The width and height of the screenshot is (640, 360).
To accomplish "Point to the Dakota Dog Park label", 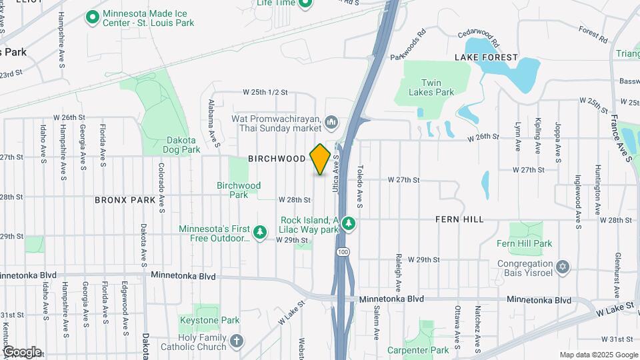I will click(x=181, y=145).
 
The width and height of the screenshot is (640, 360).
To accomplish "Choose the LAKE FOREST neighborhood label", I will click(x=486, y=57).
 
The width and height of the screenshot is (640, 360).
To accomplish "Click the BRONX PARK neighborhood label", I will click(x=125, y=199).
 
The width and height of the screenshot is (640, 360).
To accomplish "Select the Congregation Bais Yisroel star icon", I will click(x=563, y=267).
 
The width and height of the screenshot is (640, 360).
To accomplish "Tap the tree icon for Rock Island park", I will click(x=347, y=222).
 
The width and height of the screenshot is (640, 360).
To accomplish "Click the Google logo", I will click(x=22, y=351).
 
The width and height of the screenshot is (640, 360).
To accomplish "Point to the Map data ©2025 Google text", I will click(x=597, y=355).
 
